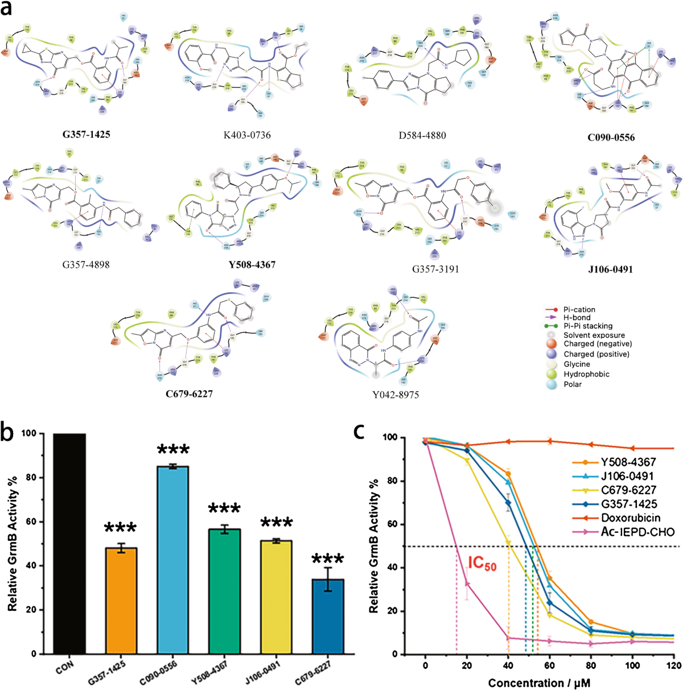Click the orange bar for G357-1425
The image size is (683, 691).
coord(121,600)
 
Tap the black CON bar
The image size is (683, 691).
coord(69,543)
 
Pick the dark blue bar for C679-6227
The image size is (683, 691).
coord(328,616)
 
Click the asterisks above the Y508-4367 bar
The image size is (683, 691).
coord(225,510)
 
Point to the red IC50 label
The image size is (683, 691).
coord(482,563)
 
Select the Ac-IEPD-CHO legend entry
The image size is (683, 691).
coord(629,532)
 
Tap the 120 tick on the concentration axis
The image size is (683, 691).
coord(673,665)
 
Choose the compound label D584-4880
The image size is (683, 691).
coord(422,135)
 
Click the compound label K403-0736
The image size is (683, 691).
coord(248,135)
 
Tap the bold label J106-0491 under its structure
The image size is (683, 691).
coord(610,269)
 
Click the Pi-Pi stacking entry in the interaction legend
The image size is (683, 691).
coord(588,326)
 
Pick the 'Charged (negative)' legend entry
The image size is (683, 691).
coord(598,344)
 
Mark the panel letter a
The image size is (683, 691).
coord(9,10)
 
